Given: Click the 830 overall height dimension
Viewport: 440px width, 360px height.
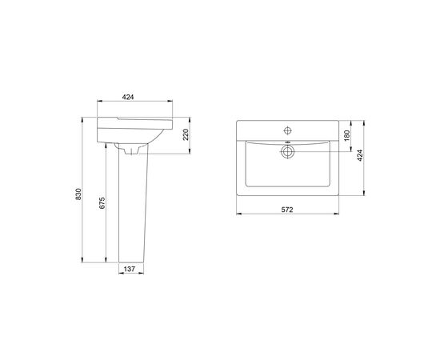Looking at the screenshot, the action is point(78,194).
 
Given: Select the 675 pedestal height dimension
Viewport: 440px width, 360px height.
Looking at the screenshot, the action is point(102,202).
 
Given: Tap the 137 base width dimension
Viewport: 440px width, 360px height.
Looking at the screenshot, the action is point(130,269).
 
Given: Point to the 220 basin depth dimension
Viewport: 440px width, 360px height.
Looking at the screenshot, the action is point(186,134).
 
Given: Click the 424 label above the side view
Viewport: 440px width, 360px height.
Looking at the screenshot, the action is point(128,97).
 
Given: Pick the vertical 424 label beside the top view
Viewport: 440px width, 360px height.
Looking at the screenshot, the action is point(360,155).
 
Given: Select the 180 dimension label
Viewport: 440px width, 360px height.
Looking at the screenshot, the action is point(347,135).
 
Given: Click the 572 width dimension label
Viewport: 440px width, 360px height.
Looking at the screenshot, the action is point(287,210).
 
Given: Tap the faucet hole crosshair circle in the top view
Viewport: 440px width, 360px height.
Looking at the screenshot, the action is point(288,130).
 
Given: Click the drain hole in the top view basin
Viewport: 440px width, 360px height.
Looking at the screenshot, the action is point(287,152).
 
